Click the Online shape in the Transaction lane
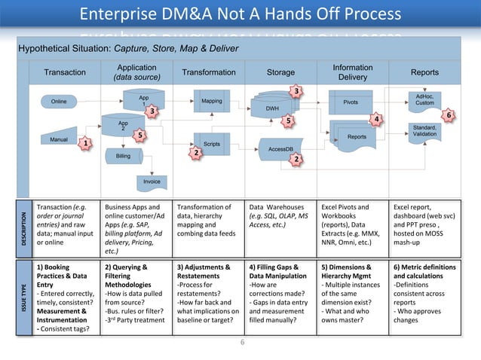(58, 102)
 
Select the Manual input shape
(58, 140)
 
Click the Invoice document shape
(152, 182)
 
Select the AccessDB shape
(280, 148)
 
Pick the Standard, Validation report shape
(424, 131)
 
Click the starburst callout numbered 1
(86, 143)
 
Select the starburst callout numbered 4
(379, 119)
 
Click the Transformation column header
(209, 73)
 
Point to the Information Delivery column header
(352, 72)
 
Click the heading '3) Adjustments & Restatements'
(204, 272)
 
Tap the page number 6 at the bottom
(242, 343)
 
